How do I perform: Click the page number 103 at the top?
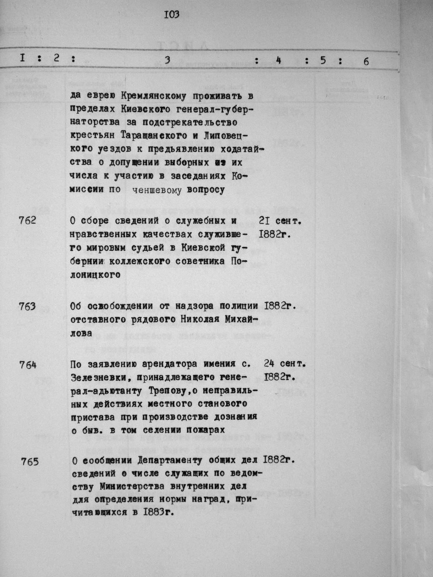click(x=171, y=15)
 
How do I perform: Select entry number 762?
click(x=27, y=220)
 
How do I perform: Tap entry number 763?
click(x=27, y=306)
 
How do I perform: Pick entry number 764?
click(x=28, y=364)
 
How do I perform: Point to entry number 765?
click(x=29, y=461)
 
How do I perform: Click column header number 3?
click(x=167, y=60)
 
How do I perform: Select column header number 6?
click(x=366, y=61)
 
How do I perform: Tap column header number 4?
click(x=278, y=60)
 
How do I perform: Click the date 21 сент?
click(x=282, y=221)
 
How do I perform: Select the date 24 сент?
click(x=285, y=363)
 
